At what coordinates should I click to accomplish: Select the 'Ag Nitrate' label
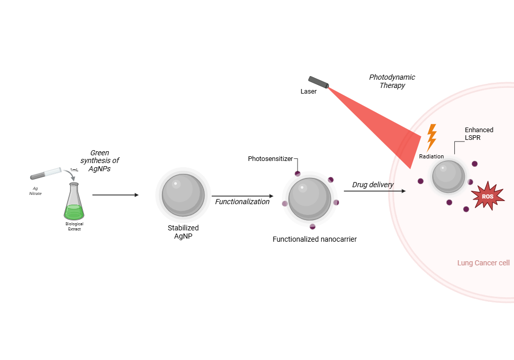[x=35, y=191]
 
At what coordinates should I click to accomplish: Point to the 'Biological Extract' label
[x=74, y=226]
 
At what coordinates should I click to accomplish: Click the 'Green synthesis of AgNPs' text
[x=104, y=160]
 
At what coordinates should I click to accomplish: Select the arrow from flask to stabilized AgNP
[x=115, y=195]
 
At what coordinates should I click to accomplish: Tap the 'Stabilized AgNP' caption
[x=183, y=232]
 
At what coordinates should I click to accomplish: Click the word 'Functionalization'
[x=242, y=202]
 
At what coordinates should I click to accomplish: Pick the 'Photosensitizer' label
[x=270, y=158]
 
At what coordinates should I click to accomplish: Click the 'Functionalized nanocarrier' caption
[x=315, y=239]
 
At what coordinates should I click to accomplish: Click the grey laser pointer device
[x=319, y=82]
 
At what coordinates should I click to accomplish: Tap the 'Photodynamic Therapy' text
[x=392, y=81]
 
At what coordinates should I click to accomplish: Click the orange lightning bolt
[x=432, y=137]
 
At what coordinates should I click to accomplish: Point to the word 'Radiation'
[x=431, y=156]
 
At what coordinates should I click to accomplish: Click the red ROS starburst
[x=487, y=196]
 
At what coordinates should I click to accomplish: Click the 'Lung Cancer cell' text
[x=483, y=263]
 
